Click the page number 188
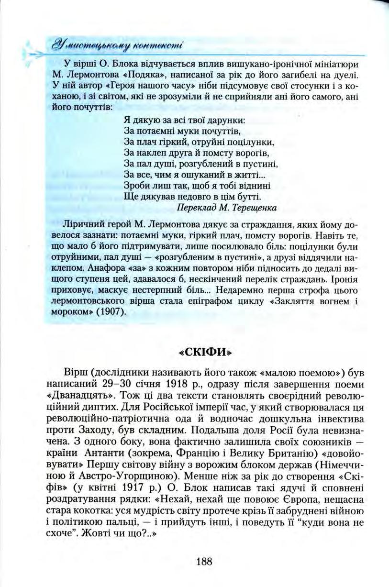(204, 562)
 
